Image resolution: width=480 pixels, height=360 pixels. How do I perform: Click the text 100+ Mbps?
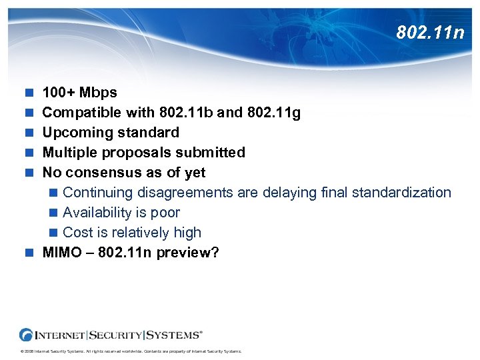79,93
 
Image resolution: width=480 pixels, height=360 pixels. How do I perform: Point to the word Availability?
97,213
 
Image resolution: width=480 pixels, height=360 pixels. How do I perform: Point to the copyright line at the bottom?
131,351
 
